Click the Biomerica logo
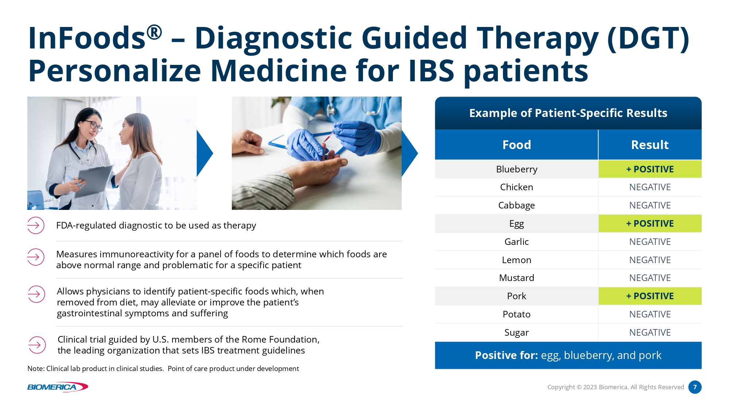58,387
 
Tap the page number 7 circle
695,387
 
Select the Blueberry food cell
516,169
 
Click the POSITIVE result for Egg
650,223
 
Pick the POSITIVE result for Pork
650,296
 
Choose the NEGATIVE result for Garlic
650,242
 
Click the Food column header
516,145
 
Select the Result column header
650,145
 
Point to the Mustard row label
516,278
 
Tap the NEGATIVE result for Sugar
650,332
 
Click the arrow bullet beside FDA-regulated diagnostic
36,225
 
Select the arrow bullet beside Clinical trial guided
37,345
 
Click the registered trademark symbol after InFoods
154,32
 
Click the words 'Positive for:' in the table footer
506,355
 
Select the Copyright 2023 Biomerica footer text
616,387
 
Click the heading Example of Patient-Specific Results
568,113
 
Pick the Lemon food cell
516,260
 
